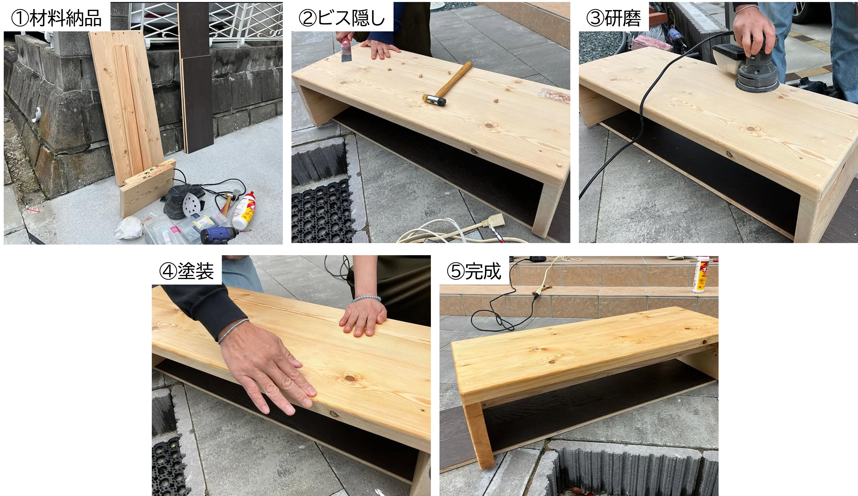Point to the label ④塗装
pos(186,271)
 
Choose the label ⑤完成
pos(474,271)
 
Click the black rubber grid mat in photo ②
pos(322,211)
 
